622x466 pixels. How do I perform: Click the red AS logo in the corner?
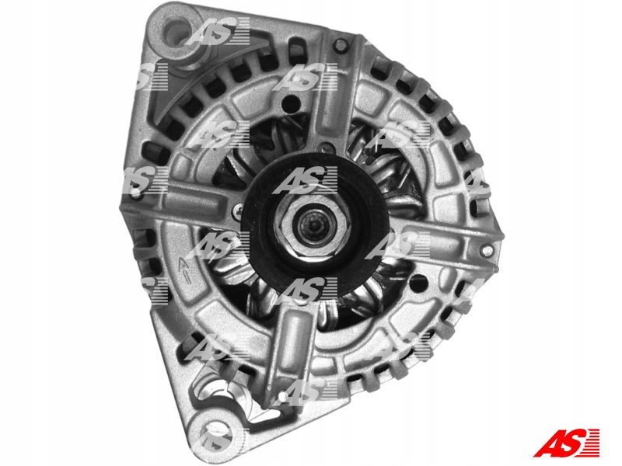coord(567,443)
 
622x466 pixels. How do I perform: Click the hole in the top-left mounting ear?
coord(176,30)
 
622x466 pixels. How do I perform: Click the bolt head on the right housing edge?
coord(487,249)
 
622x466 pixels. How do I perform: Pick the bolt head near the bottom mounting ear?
coord(282,397)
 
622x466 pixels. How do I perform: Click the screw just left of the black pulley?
coord(239,210)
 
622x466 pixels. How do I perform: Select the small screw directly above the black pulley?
coord(326,148)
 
